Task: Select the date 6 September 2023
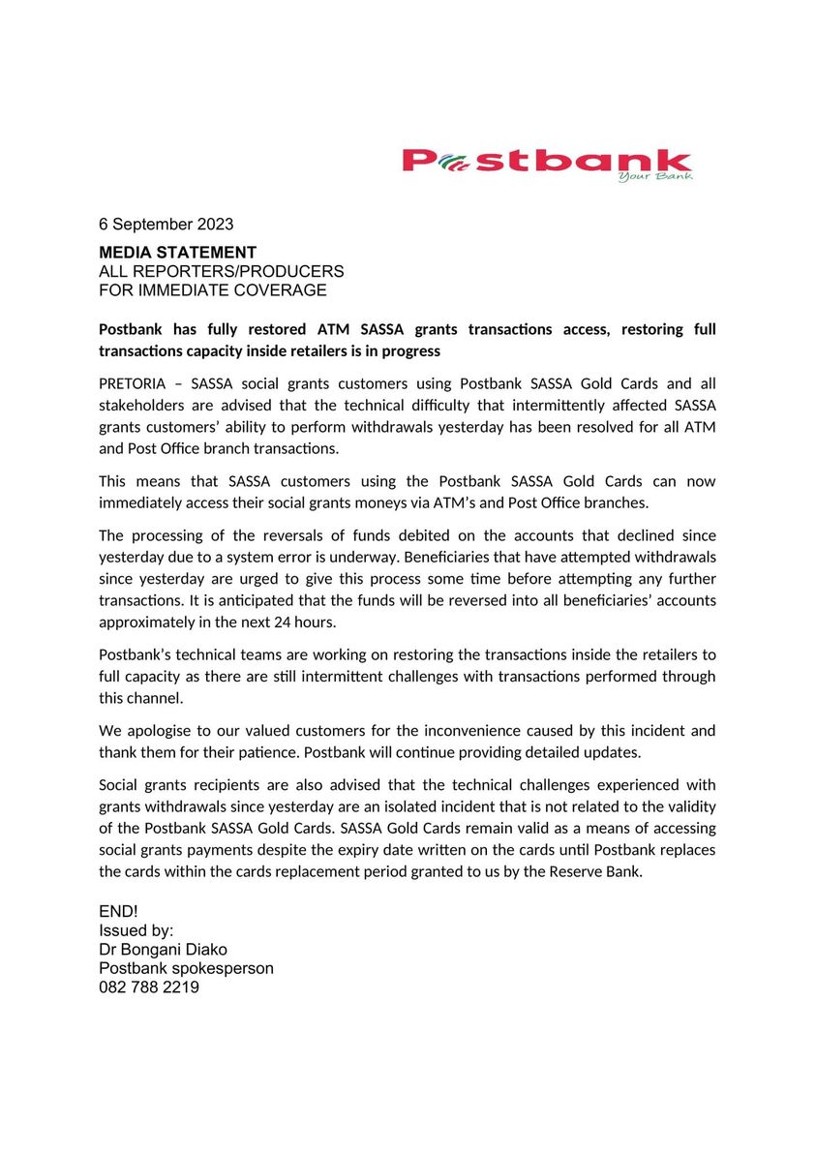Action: point(166,224)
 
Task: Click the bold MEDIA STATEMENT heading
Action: point(177,253)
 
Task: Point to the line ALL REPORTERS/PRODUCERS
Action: point(221,271)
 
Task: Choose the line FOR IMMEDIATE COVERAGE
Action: point(212,289)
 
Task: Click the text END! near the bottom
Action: point(118,912)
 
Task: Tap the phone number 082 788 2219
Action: point(149,987)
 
